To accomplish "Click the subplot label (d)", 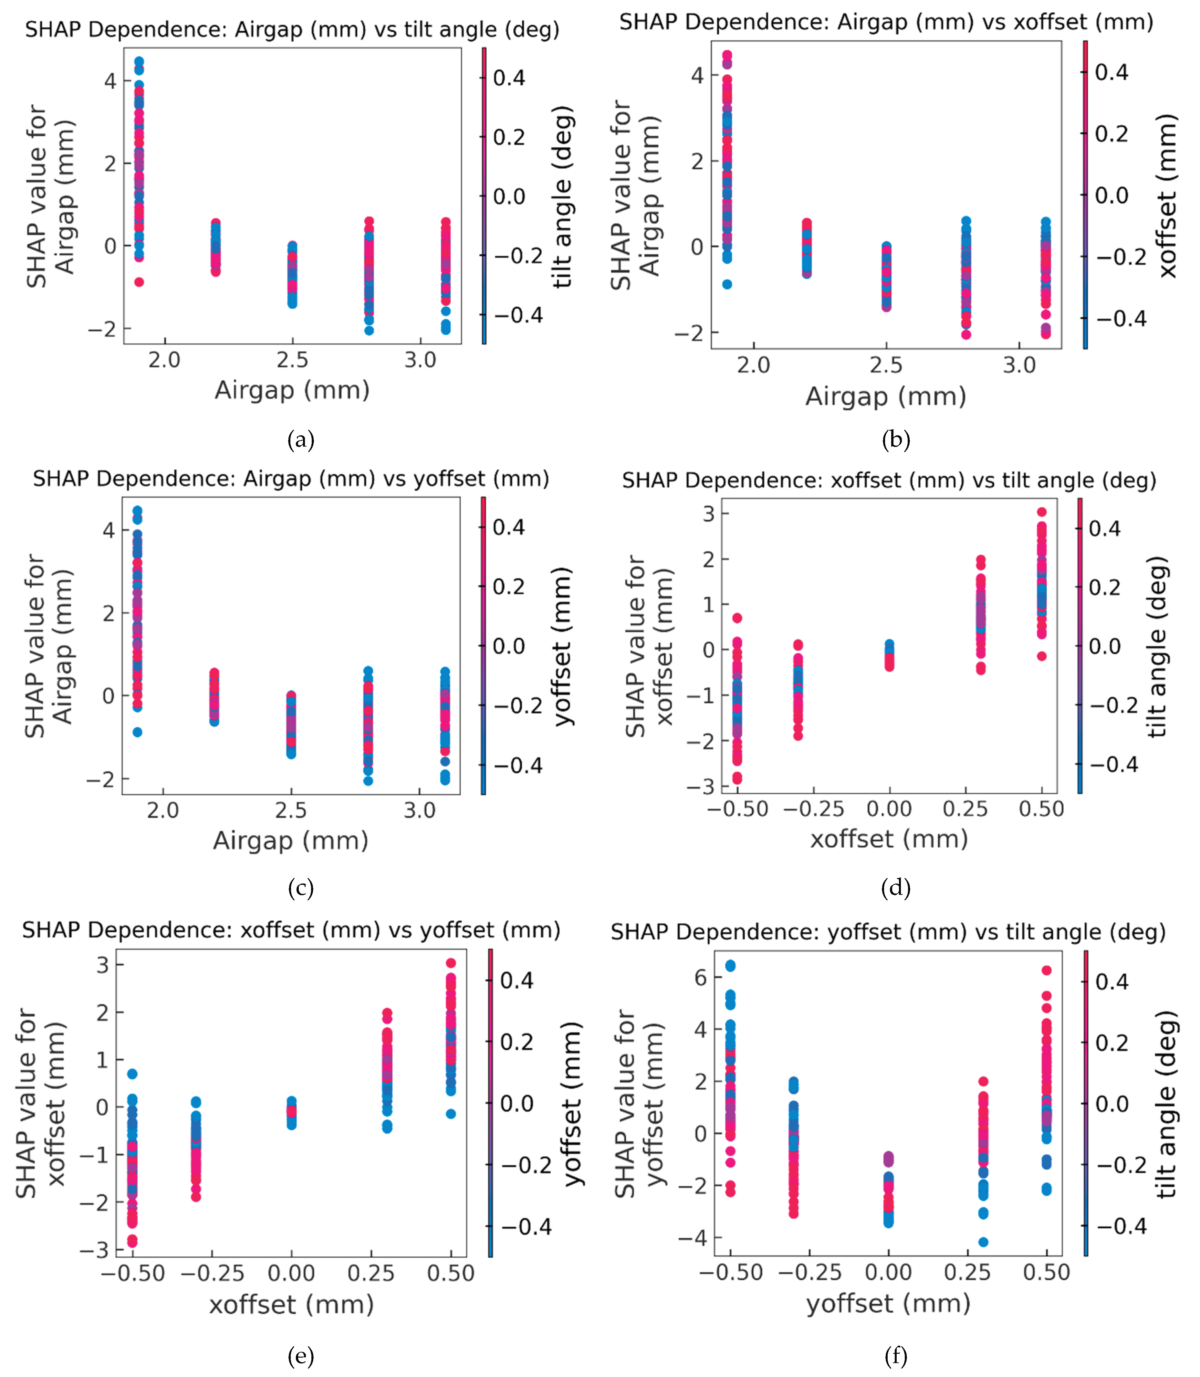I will pos(896,888).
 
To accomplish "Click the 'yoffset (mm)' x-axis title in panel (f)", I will pos(888,1303).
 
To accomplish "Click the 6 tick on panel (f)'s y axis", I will pos(700,978).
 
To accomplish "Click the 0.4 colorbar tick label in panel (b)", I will pos(1111,72).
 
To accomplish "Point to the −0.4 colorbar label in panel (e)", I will pos(526,1227).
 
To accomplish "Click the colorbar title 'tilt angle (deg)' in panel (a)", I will pos(564,196).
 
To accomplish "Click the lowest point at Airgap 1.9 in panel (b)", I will pos(727,284).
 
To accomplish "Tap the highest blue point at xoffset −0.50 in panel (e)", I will pos(132,1074).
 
